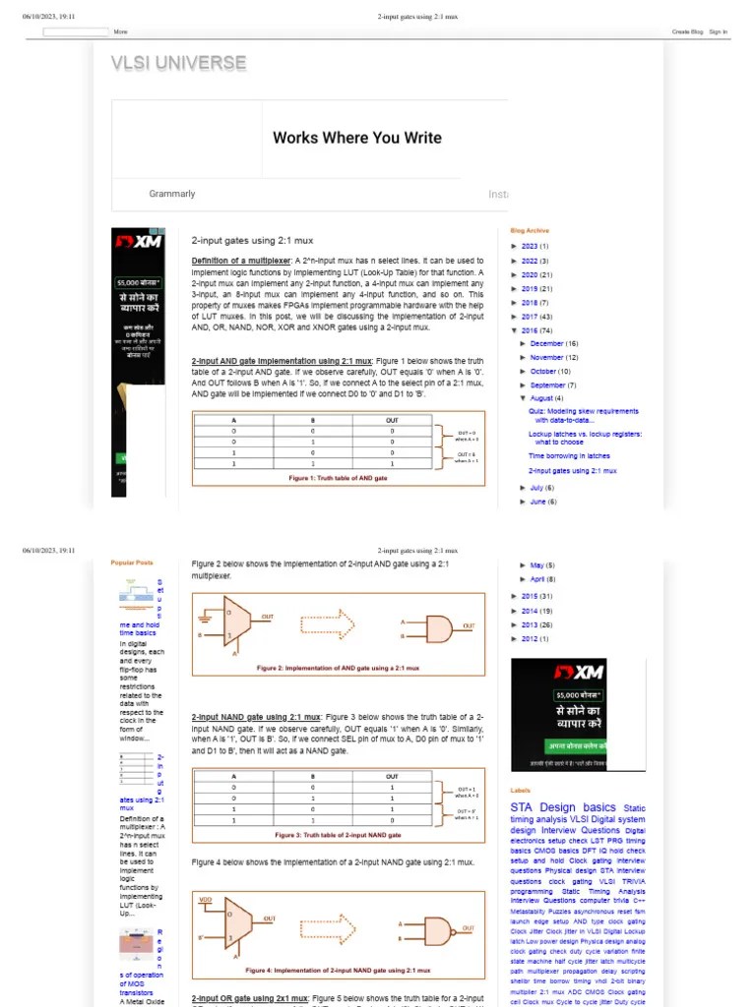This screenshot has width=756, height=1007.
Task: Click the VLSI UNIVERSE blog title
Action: [178, 64]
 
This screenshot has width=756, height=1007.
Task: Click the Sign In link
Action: [718, 31]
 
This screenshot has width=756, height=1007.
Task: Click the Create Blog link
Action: [687, 31]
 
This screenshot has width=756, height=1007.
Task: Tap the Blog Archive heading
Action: [530, 230]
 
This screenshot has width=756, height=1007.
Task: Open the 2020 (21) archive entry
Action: [536, 274]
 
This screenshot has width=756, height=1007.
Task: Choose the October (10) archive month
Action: [550, 372]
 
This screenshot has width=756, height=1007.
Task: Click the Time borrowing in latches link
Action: [569, 456]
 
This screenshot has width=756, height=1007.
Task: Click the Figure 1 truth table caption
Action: [338, 477]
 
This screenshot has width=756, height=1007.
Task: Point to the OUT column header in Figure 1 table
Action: [391, 420]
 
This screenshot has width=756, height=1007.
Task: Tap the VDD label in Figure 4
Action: [205, 900]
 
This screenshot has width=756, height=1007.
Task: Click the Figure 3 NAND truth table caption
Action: [338, 834]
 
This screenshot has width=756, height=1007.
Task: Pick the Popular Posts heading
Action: [131, 563]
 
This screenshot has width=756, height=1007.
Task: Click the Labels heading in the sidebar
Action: [520, 790]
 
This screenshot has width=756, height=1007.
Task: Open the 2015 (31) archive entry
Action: [536, 596]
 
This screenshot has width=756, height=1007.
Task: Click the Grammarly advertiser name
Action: [172, 194]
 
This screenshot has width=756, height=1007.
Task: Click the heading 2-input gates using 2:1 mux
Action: [252, 240]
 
